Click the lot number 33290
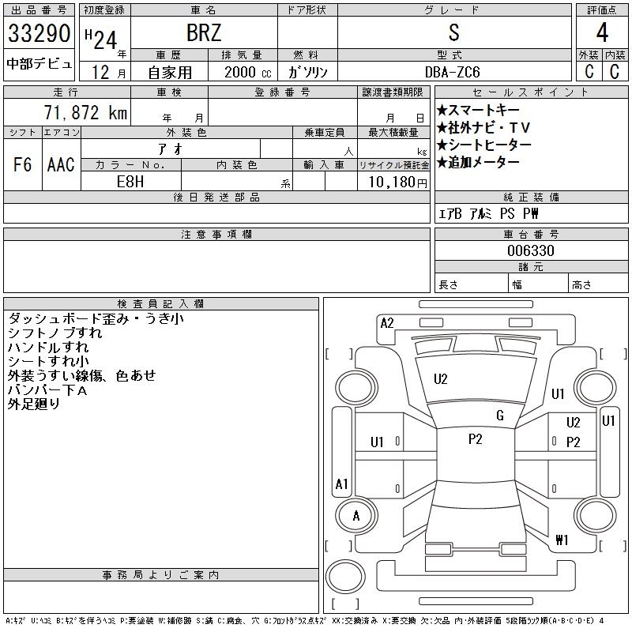tap(39, 34)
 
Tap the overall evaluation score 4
tap(601, 34)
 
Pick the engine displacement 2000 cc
tap(246, 72)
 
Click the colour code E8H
tap(131, 181)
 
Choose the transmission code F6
tap(22, 165)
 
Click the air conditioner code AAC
tap(61, 165)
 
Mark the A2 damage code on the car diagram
tap(387, 322)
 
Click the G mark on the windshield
tap(500, 416)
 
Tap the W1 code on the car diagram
tap(562, 540)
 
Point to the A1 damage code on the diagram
tap(341, 484)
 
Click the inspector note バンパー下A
tap(47, 390)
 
